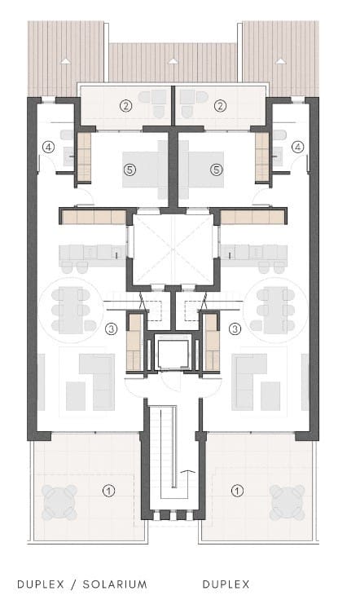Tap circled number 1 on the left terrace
coord(107,491)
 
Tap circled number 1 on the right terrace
coord(237,491)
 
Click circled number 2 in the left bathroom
coord(125,104)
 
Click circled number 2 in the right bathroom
coord(219,104)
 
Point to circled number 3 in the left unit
coord(112,328)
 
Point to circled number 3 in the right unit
coord(235,328)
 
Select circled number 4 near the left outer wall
coord(49,147)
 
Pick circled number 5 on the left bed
coord(128,170)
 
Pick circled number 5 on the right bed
coord(216,170)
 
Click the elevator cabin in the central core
coord(173,354)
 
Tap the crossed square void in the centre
coord(172,248)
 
